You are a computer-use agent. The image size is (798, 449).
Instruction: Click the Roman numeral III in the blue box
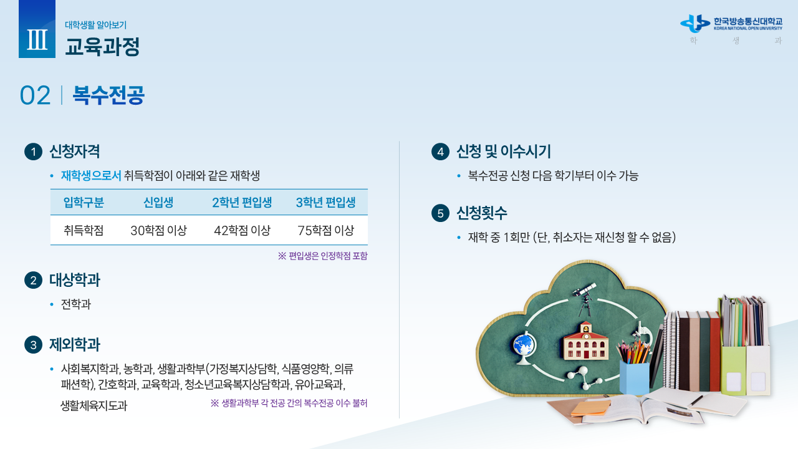[37, 39]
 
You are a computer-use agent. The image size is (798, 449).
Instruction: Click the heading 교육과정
[102, 46]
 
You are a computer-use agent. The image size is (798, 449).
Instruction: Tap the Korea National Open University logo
[731, 24]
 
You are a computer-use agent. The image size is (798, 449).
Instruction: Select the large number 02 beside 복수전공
[35, 95]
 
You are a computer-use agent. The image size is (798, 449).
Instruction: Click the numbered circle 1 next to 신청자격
[34, 152]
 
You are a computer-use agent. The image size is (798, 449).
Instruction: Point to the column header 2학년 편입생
[242, 203]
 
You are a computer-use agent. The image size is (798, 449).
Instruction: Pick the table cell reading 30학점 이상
[158, 230]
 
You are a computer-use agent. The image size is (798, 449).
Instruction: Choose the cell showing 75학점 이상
[325, 230]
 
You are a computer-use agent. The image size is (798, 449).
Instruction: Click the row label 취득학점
[84, 230]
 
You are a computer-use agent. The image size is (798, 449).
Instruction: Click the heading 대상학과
[75, 280]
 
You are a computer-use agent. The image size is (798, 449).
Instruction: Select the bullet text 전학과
[76, 304]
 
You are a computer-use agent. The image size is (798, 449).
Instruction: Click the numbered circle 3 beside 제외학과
[34, 345]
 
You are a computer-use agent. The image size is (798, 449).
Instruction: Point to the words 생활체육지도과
[94, 405]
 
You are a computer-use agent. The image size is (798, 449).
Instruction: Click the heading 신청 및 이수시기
[503, 152]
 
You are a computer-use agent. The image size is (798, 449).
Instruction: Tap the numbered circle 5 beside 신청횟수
[440, 213]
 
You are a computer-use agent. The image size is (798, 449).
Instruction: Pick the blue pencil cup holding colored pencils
[634, 377]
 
